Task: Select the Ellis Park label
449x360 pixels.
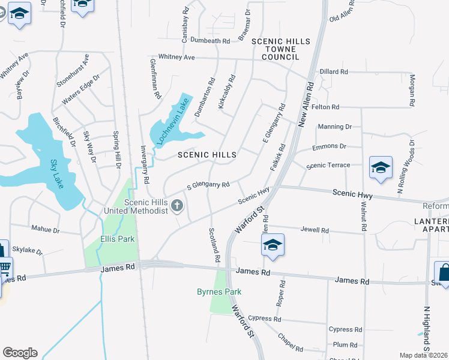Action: coord(118,239)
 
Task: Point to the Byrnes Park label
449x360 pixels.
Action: coord(219,292)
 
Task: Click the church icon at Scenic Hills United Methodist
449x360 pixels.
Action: coord(177,206)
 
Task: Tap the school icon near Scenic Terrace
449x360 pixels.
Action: coord(381,168)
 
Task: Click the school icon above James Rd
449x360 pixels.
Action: coord(273,245)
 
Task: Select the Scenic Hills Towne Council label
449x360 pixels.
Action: coord(281,49)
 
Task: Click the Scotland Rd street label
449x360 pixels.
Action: coord(214,244)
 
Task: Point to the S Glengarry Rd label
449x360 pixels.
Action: coord(208,185)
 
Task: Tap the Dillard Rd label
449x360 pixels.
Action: coord(334,71)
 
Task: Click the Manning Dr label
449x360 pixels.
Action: coord(335,127)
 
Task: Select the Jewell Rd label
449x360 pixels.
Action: coord(315,230)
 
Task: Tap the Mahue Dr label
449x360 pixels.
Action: coord(46,229)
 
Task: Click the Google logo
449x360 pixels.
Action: coord(20,353)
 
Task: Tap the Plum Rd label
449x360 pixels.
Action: coord(345,344)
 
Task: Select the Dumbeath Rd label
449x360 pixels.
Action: coord(210,41)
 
